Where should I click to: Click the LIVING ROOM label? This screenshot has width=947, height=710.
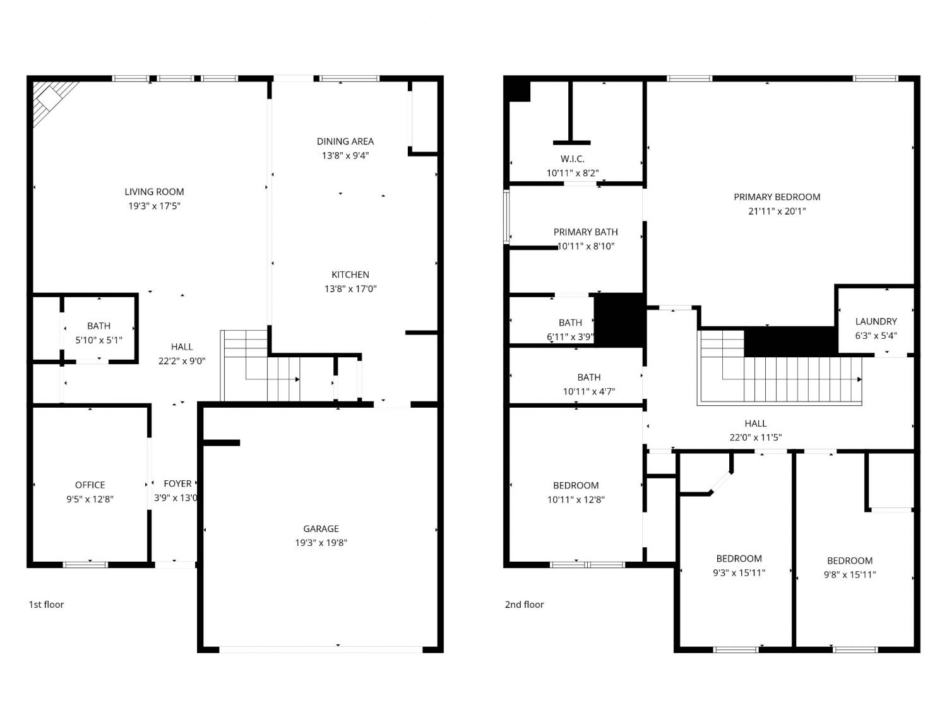pos(154,192)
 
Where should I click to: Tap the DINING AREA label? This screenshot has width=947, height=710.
pos(345,141)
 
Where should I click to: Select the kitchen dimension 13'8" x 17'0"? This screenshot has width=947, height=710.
pos(350,289)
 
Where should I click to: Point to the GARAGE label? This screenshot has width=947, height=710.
pos(321,528)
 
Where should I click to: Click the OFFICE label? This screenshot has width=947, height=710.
pos(90,485)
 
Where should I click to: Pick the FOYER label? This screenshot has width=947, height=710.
pos(177,483)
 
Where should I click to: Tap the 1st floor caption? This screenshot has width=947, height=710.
pos(46,605)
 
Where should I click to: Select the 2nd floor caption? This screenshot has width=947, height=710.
pos(524,605)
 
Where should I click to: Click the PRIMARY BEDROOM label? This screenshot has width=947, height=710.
pos(777,197)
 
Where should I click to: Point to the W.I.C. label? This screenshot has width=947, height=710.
pos(573,159)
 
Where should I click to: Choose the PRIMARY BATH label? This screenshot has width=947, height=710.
pos(585,232)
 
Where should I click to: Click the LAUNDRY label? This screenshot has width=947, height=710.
pos(876,321)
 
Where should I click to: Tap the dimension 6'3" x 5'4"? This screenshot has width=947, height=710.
pos(876,335)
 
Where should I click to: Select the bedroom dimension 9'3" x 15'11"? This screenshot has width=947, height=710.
pos(739,572)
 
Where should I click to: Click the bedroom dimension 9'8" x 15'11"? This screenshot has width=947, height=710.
pos(850,575)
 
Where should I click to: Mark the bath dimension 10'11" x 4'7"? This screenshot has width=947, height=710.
pos(588,391)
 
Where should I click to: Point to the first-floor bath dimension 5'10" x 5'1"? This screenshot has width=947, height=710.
pos(98,340)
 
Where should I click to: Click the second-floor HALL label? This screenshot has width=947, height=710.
pos(756,423)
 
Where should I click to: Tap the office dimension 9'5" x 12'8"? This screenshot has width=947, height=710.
pos(90,499)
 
